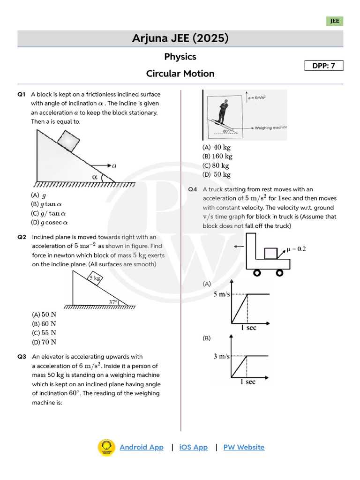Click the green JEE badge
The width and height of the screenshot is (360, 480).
coord(335,21)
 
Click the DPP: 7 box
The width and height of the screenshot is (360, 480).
coord(323,66)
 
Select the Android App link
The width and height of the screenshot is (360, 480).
coord(142,447)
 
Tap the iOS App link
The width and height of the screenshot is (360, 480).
coord(193,447)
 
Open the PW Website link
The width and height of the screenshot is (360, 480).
coord(244,447)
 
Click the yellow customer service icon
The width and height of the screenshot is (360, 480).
coord(106,447)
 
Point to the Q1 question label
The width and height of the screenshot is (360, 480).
coord(21,94)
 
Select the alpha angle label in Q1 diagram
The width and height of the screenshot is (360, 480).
coord(95,177)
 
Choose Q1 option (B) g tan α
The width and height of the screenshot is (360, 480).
coord(46,204)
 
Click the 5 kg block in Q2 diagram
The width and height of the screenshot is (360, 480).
coord(95,279)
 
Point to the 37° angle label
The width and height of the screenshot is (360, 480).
coord(113,302)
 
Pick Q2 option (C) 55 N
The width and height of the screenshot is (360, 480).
coord(44,333)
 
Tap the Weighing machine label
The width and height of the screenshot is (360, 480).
coord(271,127)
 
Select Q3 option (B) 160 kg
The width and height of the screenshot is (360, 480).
coord(217,157)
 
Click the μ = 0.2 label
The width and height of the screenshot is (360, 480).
coord(296,249)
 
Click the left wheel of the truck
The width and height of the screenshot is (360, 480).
coord(257,272)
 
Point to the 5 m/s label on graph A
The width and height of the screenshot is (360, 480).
coord(222,294)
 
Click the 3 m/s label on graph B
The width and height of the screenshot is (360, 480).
coord(222,356)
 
